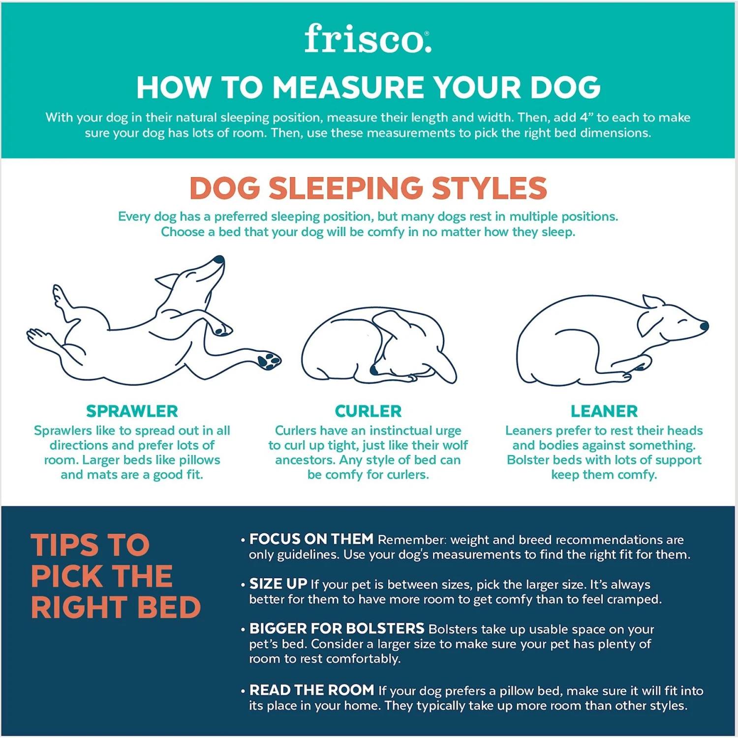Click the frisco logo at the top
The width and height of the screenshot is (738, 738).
[368, 39]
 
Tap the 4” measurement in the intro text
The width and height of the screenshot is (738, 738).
[586, 118]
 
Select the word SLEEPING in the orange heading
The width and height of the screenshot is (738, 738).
[346, 188]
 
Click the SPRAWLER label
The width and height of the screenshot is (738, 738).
[132, 411]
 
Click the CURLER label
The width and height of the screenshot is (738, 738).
[368, 411]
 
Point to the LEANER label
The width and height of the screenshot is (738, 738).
[604, 411]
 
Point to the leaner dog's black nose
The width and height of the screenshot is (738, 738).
[704, 326]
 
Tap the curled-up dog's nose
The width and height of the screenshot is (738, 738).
[374, 369]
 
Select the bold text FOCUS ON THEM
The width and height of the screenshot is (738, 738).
[311, 539]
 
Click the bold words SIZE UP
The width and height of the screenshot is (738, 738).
[278, 584]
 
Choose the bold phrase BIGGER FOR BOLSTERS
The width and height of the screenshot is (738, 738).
[337, 629]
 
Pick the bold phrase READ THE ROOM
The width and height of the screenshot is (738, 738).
[311, 690]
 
